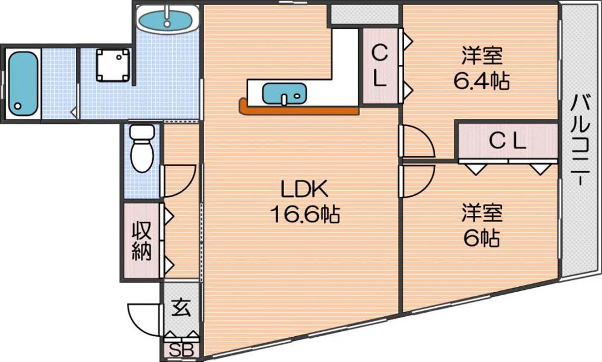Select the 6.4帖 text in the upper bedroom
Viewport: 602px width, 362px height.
(482, 80)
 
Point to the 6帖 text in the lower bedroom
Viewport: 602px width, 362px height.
(482, 239)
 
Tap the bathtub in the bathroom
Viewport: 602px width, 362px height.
(23, 83)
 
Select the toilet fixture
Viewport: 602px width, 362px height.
(143, 147)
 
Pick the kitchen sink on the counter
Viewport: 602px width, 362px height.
(285, 94)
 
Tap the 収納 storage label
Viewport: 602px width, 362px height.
(141, 241)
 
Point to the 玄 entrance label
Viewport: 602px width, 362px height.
(181, 308)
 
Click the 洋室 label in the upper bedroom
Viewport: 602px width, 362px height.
(482, 57)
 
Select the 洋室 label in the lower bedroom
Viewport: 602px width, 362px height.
(482, 213)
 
